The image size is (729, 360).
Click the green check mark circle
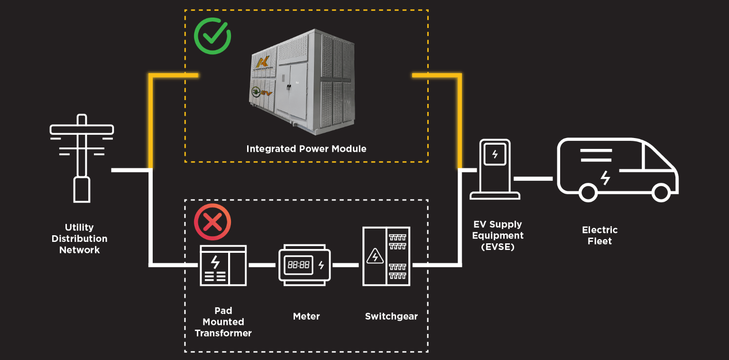tap(212, 36)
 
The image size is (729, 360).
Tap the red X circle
tap(212, 222)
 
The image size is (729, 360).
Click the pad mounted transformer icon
tap(223, 265)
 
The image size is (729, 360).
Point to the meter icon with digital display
tap(304, 265)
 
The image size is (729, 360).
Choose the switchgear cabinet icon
tap(386, 256)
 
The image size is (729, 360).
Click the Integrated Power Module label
tap(306, 149)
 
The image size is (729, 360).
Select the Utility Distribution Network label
tap(80, 239)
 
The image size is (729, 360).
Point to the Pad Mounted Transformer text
tap(223, 322)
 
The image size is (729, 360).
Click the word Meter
tap(306, 316)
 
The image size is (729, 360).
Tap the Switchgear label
tap(391, 316)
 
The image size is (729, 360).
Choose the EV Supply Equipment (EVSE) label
tap(498, 235)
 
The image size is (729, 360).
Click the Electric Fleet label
tap(600, 235)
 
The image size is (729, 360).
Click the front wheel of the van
tap(660, 192)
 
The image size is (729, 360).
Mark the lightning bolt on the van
tap(605, 178)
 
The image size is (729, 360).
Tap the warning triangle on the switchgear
tap(375, 256)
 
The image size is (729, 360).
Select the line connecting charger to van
tap(534, 178)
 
